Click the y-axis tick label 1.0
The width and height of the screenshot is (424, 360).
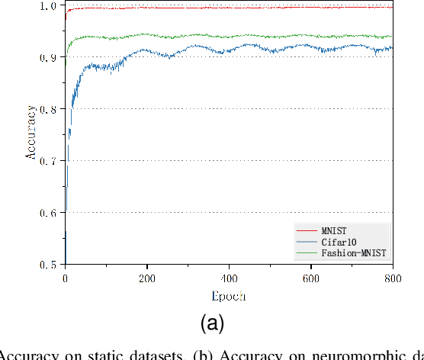(x=48, y=6)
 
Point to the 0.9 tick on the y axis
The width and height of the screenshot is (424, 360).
(x=48, y=57)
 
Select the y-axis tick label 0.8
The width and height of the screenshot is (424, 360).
(x=48, y=109)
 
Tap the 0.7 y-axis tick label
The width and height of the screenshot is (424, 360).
(x=48, y=161)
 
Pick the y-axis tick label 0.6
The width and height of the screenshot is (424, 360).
(x=48, y=213)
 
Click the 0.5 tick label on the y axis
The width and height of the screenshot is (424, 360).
(x=48, y=265)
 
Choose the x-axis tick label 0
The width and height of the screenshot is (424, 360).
(x=65, y=278)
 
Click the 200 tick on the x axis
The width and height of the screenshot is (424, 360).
(x=146, y=278)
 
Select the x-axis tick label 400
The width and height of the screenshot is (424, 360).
(x=229, y=278)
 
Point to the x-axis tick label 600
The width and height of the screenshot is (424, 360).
(x=310, y=278)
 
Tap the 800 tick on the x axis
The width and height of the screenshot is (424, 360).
(x=392, y=278)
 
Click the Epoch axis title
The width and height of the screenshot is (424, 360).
(x=228, y=296)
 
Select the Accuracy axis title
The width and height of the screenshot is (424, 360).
(x=31, y=134)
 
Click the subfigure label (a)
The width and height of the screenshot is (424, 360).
(x=212, y=323)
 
